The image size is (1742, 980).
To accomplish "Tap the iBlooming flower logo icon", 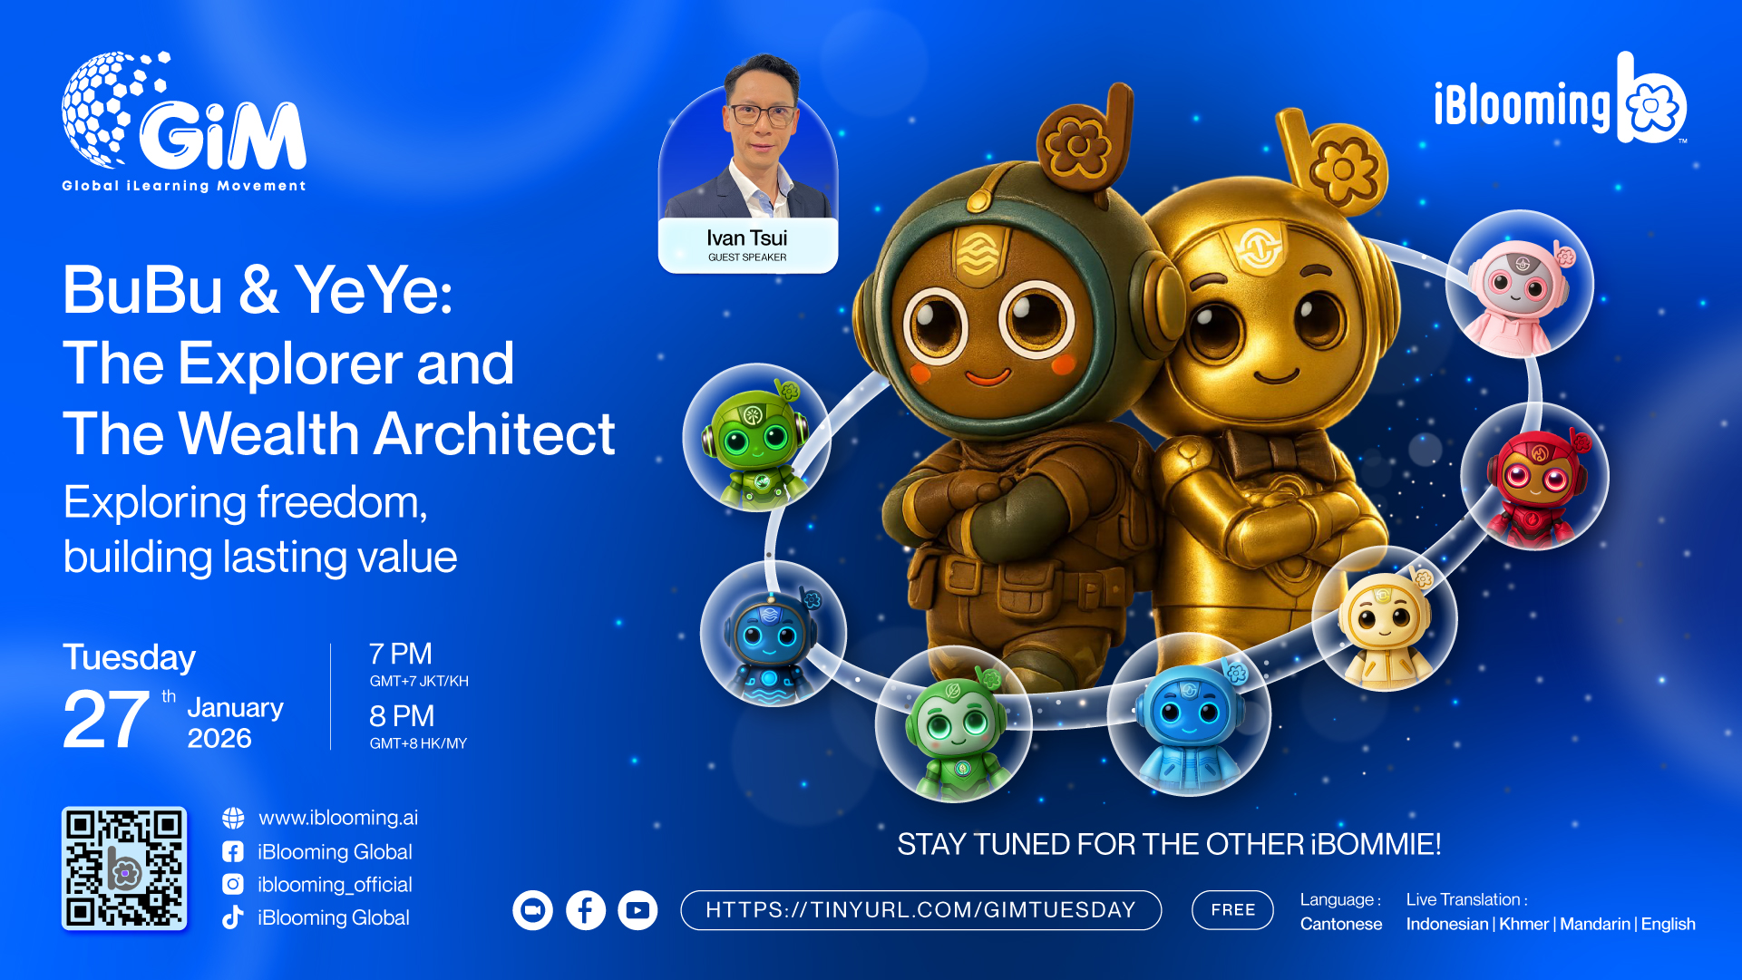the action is pos(1651,99).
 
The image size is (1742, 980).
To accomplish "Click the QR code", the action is pos(124,868).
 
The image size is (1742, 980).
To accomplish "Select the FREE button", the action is pos(1232,909).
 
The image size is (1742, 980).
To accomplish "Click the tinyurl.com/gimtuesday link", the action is pos(920,909).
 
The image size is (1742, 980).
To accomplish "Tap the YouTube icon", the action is pos(637,910).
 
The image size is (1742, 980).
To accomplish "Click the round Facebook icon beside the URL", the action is pos(586,910).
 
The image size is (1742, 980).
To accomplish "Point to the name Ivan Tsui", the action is pos(747,238).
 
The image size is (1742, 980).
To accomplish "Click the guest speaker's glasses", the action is pos(763,115).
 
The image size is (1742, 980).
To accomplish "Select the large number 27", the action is pos(106,720).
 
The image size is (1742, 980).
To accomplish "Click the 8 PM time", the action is pos(402,716).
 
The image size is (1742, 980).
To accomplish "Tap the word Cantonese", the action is pos(1341,924).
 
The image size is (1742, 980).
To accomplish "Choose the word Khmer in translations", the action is pos(1523,924).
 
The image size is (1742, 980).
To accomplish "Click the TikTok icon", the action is pos(233,917).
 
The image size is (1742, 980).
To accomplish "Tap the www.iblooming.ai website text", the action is pos(338,818).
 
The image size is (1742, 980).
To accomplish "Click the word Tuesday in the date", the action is pos(129,658).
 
